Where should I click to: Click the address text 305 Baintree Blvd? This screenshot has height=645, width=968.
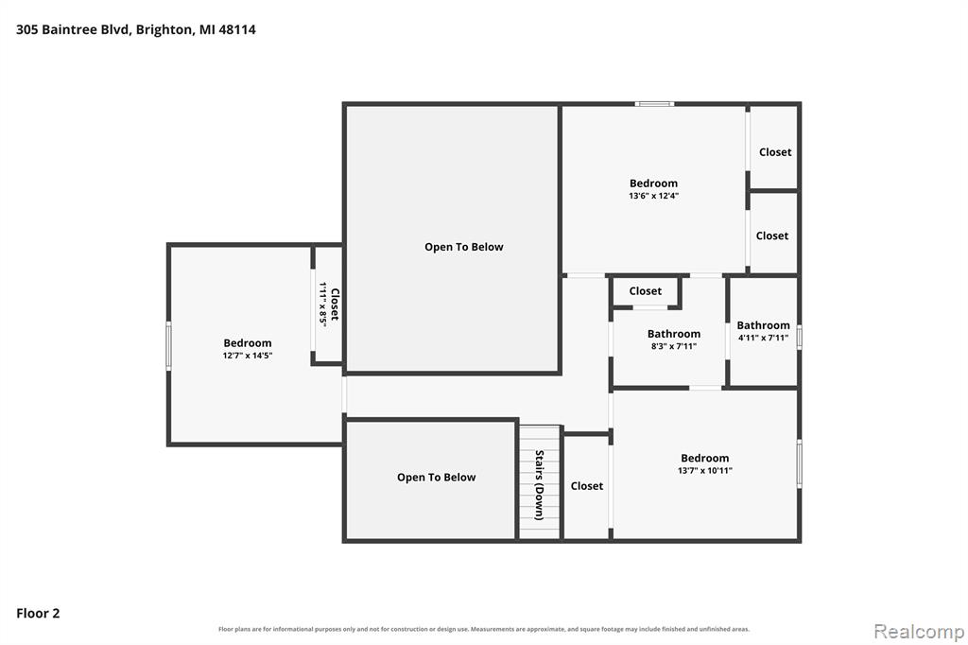click(x=73, y=29)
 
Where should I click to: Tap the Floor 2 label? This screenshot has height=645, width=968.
click(x=38, y=613)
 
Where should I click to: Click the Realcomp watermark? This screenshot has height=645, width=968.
click(x=919, y=632)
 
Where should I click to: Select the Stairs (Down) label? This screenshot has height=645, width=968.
click(x=539, y=485)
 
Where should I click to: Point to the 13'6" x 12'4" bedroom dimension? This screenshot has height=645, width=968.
click(x=654, y=196)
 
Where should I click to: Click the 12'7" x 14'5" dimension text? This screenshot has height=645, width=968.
click(x=248, y=356)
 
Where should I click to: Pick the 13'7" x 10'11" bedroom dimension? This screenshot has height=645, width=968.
click(x=705, y=470)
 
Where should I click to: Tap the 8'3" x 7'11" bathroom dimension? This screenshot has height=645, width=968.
click(x=673, y=346)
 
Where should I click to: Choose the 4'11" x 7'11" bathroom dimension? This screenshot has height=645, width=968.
click(x=763, y=338)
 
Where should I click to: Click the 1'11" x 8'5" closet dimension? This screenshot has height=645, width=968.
click(x=323, y=304)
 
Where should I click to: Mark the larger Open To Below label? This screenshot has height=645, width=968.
click(x=463, y=247)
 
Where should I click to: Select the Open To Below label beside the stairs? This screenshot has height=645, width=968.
click(x=437, y=477)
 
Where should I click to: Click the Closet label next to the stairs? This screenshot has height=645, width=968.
click(x=586, y=486)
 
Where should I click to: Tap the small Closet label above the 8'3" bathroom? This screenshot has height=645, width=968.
click(x=645, y=291)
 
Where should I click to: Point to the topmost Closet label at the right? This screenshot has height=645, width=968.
click(x=775, y=152)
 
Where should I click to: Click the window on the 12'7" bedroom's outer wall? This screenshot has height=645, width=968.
click(x=168, y=346)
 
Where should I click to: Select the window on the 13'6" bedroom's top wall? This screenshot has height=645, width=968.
click(x=654, y=104)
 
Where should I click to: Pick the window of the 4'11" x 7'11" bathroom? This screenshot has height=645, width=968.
click(x=799, y=338)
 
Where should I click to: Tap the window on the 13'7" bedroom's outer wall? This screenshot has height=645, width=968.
click(x=799, y=463)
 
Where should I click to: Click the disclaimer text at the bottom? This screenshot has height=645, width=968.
click(x=484, y=629)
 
